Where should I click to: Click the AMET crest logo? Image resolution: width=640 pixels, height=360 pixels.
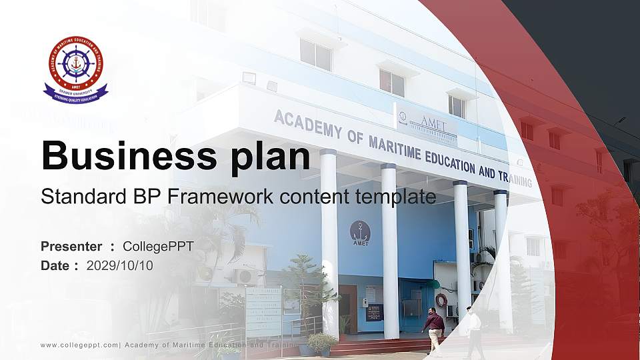75,69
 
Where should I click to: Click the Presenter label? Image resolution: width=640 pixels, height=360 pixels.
71,247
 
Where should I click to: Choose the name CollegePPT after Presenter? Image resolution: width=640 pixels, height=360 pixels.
158,247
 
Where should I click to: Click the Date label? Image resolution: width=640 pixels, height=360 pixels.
55,265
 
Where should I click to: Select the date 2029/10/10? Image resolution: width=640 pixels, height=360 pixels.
120,265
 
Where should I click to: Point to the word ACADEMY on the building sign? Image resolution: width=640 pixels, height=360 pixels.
307,125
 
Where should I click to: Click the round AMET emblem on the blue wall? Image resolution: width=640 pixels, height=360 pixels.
360,231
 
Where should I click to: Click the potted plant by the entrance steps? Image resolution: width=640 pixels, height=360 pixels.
323,344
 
